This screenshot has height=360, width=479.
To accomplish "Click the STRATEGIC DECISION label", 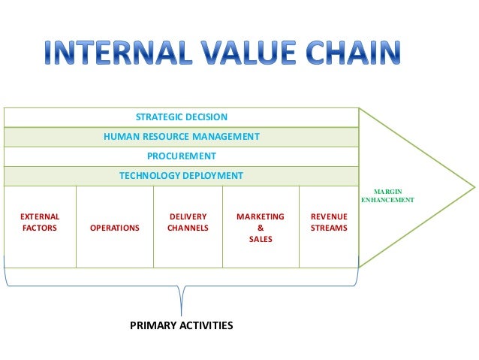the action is click(x=181, y=117).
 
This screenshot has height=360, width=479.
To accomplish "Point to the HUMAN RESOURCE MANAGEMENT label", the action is click(x=181, y=137).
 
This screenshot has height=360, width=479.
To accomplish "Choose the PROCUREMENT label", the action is click(x=181, y=156).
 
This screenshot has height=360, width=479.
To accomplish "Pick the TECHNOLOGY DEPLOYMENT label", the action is click(x=181, y=176).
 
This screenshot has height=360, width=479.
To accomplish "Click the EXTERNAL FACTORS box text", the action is click(x=40, y=222).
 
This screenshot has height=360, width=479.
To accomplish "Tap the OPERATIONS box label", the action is click(x=114, y=227).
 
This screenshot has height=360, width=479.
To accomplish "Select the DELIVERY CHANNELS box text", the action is click(x=188, y=222).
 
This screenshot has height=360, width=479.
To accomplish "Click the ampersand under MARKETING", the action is click(x=261, y=228).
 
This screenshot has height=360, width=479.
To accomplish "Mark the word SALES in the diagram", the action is click(x=261, y=239).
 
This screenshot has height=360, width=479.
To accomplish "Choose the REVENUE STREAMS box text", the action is click(x=329, y=222).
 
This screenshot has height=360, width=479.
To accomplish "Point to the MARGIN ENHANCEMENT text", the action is click(x=387, y=197).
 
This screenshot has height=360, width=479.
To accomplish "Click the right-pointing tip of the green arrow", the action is click(x=474, y=187).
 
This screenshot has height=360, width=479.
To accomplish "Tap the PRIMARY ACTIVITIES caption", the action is click(x=181, y=325).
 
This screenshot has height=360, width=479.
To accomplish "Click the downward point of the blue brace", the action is click(x=182, y=313).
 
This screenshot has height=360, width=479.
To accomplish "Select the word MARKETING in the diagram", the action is click(x=261, y=216).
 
